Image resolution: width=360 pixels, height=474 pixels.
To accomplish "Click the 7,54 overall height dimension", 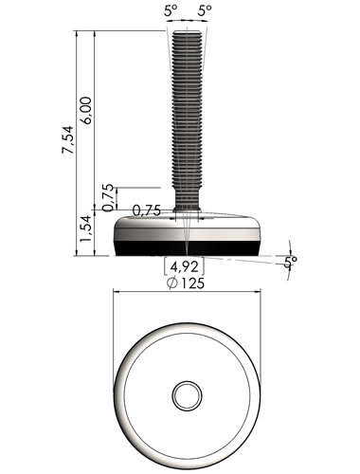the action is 67,140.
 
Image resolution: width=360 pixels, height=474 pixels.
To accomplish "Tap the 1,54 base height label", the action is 85,228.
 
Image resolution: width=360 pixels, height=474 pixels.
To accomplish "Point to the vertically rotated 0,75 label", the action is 108,197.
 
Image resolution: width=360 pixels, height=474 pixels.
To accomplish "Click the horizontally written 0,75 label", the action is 147,210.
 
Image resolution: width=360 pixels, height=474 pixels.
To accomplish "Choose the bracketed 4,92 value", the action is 185,267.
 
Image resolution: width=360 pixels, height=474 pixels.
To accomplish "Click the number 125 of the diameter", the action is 192,283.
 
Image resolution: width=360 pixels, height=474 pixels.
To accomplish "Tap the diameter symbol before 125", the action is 172,283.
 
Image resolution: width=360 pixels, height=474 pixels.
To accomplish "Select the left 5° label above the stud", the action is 171,11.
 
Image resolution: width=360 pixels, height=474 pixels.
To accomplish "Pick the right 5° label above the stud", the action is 205,11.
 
